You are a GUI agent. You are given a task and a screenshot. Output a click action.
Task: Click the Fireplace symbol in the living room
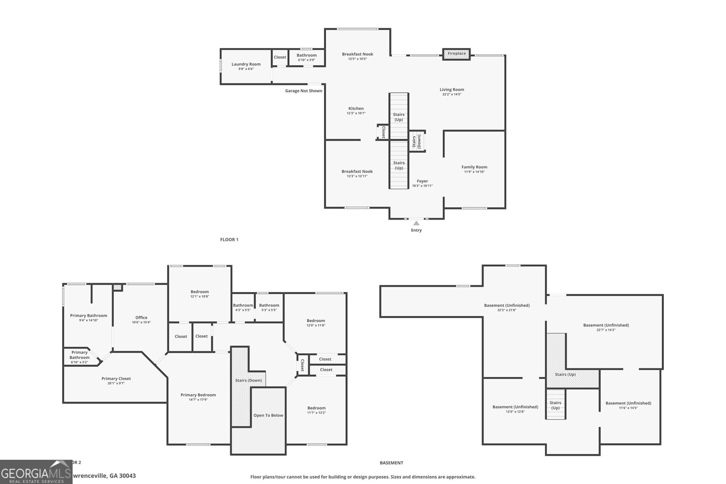456,54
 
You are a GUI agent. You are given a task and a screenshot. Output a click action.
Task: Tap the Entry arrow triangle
416,223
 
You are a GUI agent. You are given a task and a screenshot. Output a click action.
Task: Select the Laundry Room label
246,64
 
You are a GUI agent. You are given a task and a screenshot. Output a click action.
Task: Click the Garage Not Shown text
304,91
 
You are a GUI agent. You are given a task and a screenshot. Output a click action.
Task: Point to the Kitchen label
356,108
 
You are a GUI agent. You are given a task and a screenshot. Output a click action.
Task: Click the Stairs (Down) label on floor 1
416,142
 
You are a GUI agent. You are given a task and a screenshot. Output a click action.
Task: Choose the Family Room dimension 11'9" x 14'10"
474,172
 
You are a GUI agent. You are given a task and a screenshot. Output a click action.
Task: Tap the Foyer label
422,181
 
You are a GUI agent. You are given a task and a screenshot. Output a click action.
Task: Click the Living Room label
451,89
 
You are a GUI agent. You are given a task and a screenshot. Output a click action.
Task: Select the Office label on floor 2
141,318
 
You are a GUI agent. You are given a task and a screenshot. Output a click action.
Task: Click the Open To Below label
268,415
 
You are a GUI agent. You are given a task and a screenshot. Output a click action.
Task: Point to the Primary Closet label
116,378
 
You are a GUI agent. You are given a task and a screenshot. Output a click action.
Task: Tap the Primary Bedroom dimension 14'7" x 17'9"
198,400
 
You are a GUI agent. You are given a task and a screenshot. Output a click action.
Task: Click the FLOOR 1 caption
229,240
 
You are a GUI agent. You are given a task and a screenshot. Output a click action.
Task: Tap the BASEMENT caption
391,463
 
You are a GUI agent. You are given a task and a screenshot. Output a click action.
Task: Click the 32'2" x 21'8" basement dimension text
506,310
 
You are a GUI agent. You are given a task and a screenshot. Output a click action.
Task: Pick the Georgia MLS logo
36,472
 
